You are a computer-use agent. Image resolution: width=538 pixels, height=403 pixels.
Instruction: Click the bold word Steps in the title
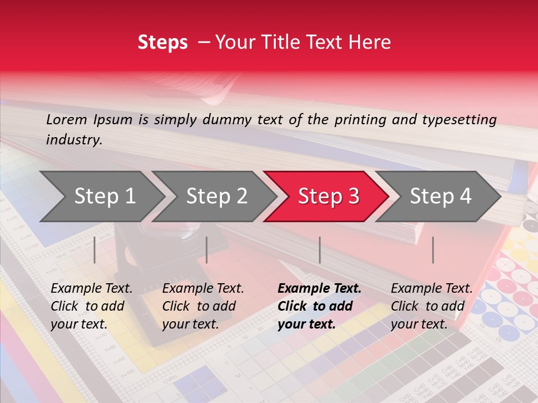[x=163, y=43]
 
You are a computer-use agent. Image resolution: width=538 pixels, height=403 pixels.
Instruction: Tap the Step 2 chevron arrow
[x=216, y=196]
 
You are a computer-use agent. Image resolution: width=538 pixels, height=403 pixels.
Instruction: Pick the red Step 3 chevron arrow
[x=328, y=196]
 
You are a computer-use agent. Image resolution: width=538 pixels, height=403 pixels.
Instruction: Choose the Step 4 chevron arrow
[x=440, y=196]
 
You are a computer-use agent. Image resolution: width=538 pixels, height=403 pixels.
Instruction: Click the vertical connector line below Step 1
[x=95, y=250]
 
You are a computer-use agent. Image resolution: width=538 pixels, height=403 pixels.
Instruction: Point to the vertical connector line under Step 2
[x=207, y=250]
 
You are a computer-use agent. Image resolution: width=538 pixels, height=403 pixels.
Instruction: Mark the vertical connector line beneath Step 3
[x=319, y=250]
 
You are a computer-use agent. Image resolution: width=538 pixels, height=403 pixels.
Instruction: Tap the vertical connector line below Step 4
[x=433, y=250]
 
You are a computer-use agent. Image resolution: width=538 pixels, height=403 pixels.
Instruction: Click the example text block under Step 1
[x=91, y=306]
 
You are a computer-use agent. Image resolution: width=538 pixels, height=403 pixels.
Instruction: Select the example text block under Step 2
[x=203, y=306]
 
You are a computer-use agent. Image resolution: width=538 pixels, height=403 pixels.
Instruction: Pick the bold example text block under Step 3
[x=319, y=306]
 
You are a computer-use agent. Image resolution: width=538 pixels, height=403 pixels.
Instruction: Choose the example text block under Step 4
[x=432, y=306]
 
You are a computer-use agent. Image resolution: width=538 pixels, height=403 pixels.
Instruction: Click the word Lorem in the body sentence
[x=67, y=119]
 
